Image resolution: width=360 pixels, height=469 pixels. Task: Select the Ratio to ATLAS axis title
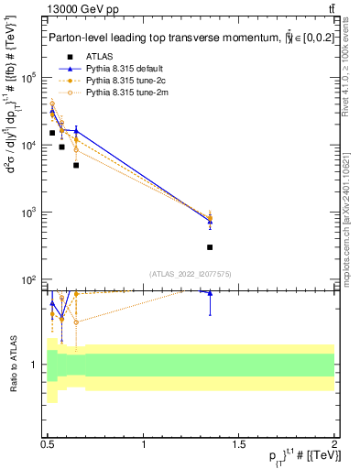(x=12, y=365)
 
